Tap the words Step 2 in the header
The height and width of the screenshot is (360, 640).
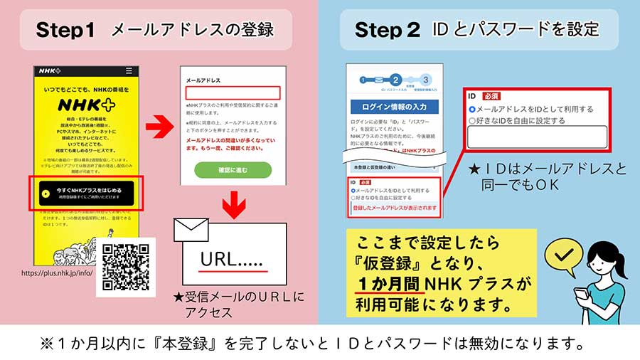click(387, 30)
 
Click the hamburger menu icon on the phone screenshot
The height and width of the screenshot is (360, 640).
click(129, 71)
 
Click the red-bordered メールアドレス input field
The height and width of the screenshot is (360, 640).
click(233, 92)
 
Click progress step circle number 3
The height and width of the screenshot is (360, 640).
click(426, 80)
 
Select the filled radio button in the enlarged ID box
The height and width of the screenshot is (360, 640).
click(472, 109)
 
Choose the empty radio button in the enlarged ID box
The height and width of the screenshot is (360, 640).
click(472, 121)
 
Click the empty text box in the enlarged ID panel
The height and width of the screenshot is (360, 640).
click(537, 137)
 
